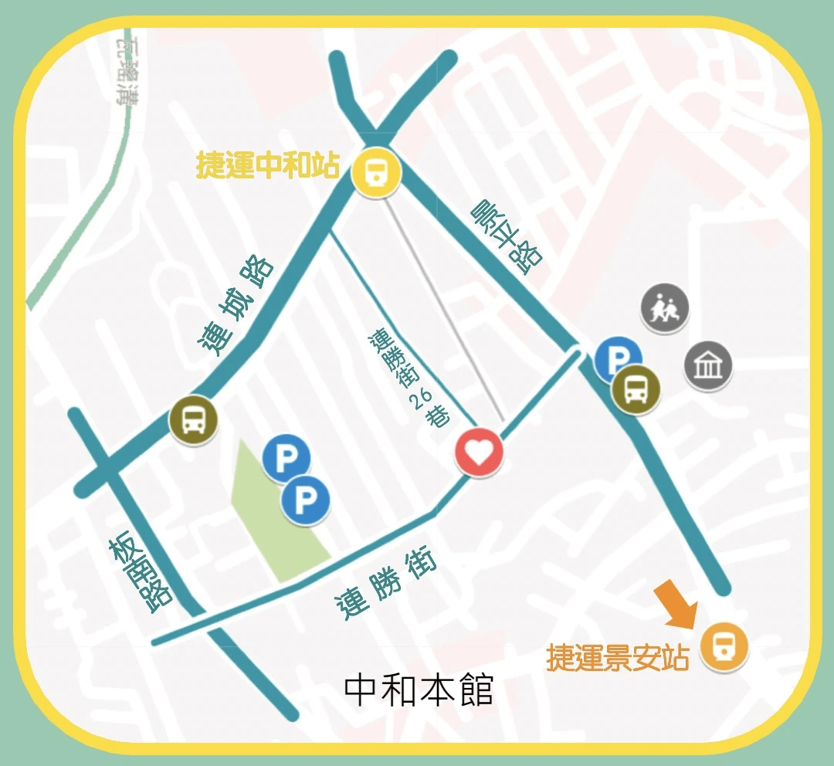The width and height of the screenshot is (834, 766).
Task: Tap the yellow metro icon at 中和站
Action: click(375, 171)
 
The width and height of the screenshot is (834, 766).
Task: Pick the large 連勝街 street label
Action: click(386, 585)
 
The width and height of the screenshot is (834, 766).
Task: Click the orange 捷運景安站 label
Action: click(617, 657)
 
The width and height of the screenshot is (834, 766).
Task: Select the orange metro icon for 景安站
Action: click(725, 645)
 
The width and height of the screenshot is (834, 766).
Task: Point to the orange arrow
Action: click(676, 603)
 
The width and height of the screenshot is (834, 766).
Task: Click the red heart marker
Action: click(479, 452)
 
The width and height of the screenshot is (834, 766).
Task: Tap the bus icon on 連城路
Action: click(193, 419)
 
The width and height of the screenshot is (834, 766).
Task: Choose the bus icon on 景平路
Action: click(636, 389)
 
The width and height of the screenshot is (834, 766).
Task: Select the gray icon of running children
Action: click(665, 308)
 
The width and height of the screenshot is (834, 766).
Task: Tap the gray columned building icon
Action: click(707, 365)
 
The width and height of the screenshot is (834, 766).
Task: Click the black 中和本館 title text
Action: click(418, 690)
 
